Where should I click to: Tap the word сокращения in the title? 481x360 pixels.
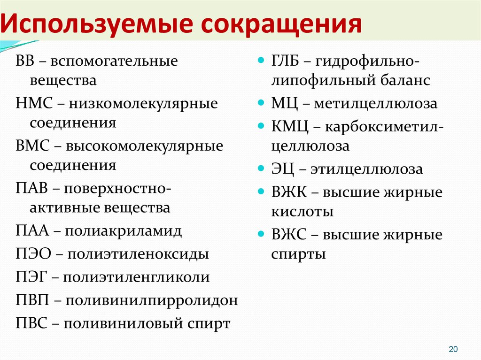[281, 24]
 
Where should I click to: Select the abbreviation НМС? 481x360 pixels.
[34, 103]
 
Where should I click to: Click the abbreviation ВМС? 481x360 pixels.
[32, 146]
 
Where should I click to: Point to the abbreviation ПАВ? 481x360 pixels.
[31, 188]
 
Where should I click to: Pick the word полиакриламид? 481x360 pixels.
[123, 230]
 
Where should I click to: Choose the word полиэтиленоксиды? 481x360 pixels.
[138, 254]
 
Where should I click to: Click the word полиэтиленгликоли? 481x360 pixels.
[136, 277]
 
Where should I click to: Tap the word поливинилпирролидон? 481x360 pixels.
[152, 300]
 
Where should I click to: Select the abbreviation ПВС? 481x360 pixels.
[31, 323]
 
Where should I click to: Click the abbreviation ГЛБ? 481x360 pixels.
[285, 61]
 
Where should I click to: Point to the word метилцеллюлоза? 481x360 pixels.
[375, 103]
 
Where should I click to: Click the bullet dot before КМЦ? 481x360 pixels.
[261, 125]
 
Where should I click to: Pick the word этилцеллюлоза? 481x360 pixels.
[366, 169]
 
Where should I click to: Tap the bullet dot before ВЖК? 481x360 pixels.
[261, 191]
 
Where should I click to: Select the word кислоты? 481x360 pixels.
[302, 212]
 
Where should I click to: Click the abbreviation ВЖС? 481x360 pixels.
[289, 235]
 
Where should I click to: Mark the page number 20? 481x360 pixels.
[453, 349]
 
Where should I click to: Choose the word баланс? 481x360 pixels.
[405, 80]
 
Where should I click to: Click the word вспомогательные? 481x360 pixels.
[114, 61]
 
